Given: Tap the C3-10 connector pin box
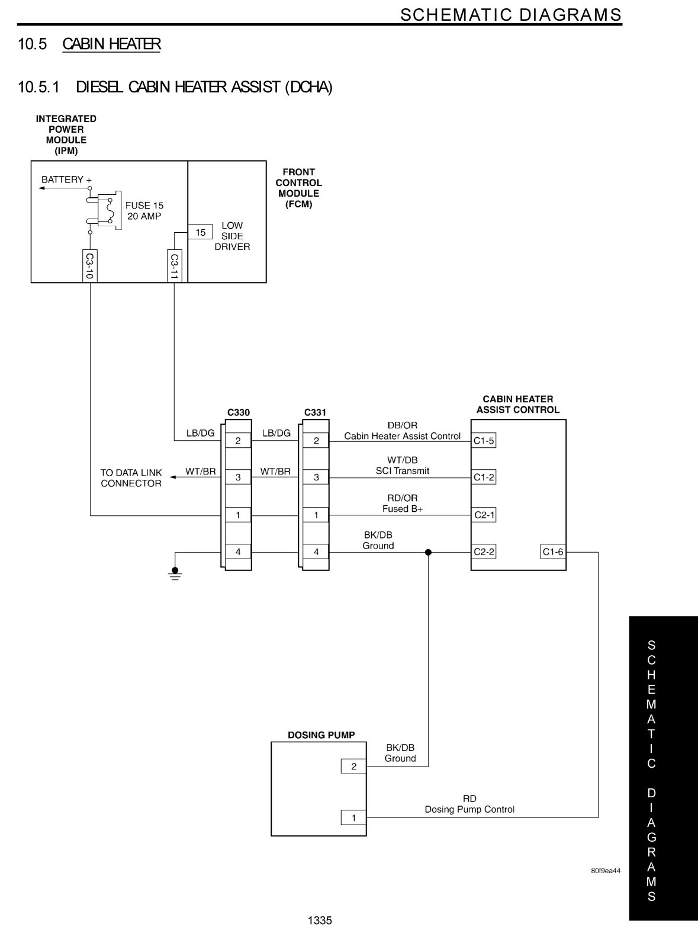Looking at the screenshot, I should pos(90,266).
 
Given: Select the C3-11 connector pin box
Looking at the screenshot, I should pos(174,266).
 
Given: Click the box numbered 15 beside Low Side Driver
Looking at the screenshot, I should pos(200,232).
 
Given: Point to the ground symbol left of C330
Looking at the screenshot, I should pos(175,573).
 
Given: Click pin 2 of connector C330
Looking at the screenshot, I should pos(238,441).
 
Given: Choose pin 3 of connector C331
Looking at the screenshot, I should pos(316,477).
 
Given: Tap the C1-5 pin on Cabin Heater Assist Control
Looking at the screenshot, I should pos(484,441).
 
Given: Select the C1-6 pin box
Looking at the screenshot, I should pos(553,552).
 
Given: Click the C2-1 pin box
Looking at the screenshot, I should pos(484,515).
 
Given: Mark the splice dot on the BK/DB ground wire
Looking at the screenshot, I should pos(428,552).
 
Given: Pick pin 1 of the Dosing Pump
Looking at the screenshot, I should pos(353,817).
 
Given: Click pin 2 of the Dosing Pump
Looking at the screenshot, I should pos(353,767).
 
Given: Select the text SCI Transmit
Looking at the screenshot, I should pos(403,471).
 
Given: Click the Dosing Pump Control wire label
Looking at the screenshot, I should pos(469,809).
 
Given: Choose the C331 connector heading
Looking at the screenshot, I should pos(315,412).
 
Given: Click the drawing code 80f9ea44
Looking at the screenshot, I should pos(605,871).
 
